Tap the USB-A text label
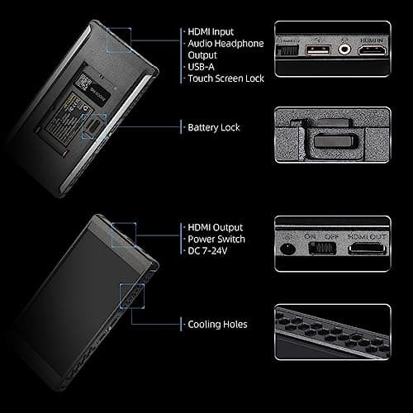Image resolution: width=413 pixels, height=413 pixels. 203,68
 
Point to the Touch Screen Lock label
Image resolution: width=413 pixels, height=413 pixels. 225,79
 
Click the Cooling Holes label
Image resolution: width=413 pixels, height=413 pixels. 218,324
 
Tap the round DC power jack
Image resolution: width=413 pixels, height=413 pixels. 287,248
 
